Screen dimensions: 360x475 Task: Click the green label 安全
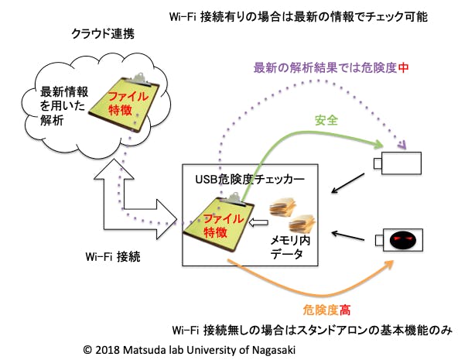[x=325, y=121]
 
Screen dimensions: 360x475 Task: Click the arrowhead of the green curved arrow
[x=379, y=145]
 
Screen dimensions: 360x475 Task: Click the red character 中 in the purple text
[x=402, y=68]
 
